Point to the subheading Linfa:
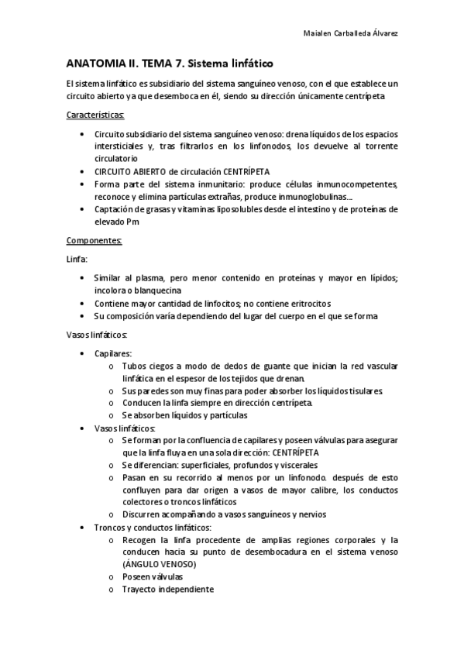tap(77, 259)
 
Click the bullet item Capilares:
tap(113, 353)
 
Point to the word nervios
tap(308, 514)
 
